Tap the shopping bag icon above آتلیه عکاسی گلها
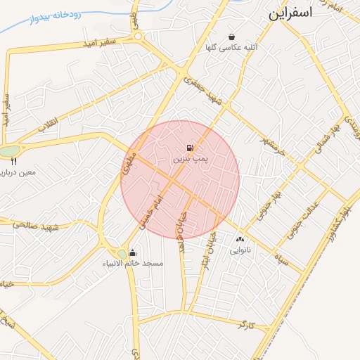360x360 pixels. [x=231, y=37]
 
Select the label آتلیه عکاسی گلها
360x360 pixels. [x=231, y=49]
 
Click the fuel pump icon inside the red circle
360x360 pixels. [x=190, y=148]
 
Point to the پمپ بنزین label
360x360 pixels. [x=190, y=160]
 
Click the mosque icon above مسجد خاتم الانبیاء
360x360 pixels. [x=133, y=252]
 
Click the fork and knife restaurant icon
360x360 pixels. [x=13, y=161]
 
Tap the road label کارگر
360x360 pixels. [x=245, y=325]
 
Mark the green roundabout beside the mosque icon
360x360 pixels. [x=122, y=253]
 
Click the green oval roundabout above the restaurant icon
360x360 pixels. [x=9, y=150]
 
